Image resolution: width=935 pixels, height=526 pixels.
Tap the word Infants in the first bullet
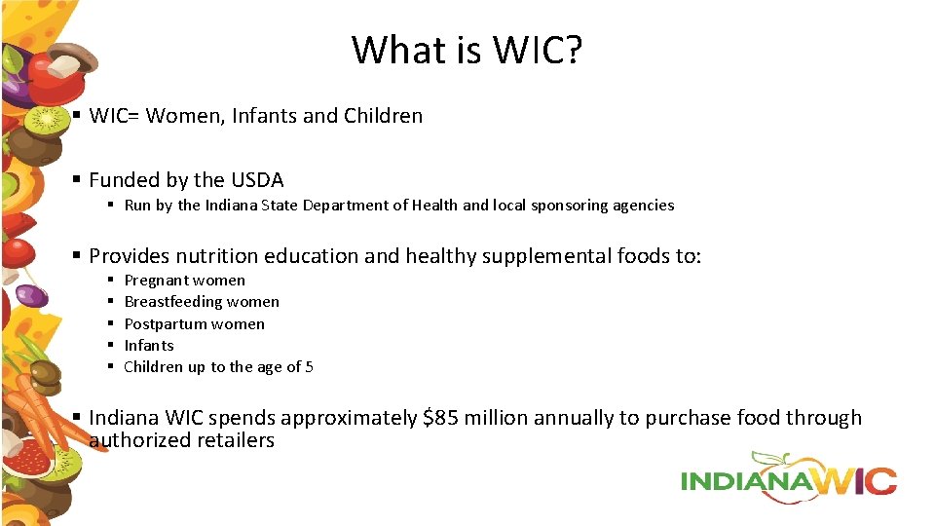(x=264, y=116)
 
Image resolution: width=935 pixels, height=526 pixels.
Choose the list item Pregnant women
(x=184, y=281)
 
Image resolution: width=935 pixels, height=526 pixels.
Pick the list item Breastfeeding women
(x=202, y=302)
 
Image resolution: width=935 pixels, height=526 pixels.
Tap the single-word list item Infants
(x=149, y=346)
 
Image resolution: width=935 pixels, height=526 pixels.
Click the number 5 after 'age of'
(x=309, y=367)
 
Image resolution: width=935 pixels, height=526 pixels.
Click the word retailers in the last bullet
(x=235, y=440)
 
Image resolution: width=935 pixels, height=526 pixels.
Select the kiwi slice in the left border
(x=47, y=121)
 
